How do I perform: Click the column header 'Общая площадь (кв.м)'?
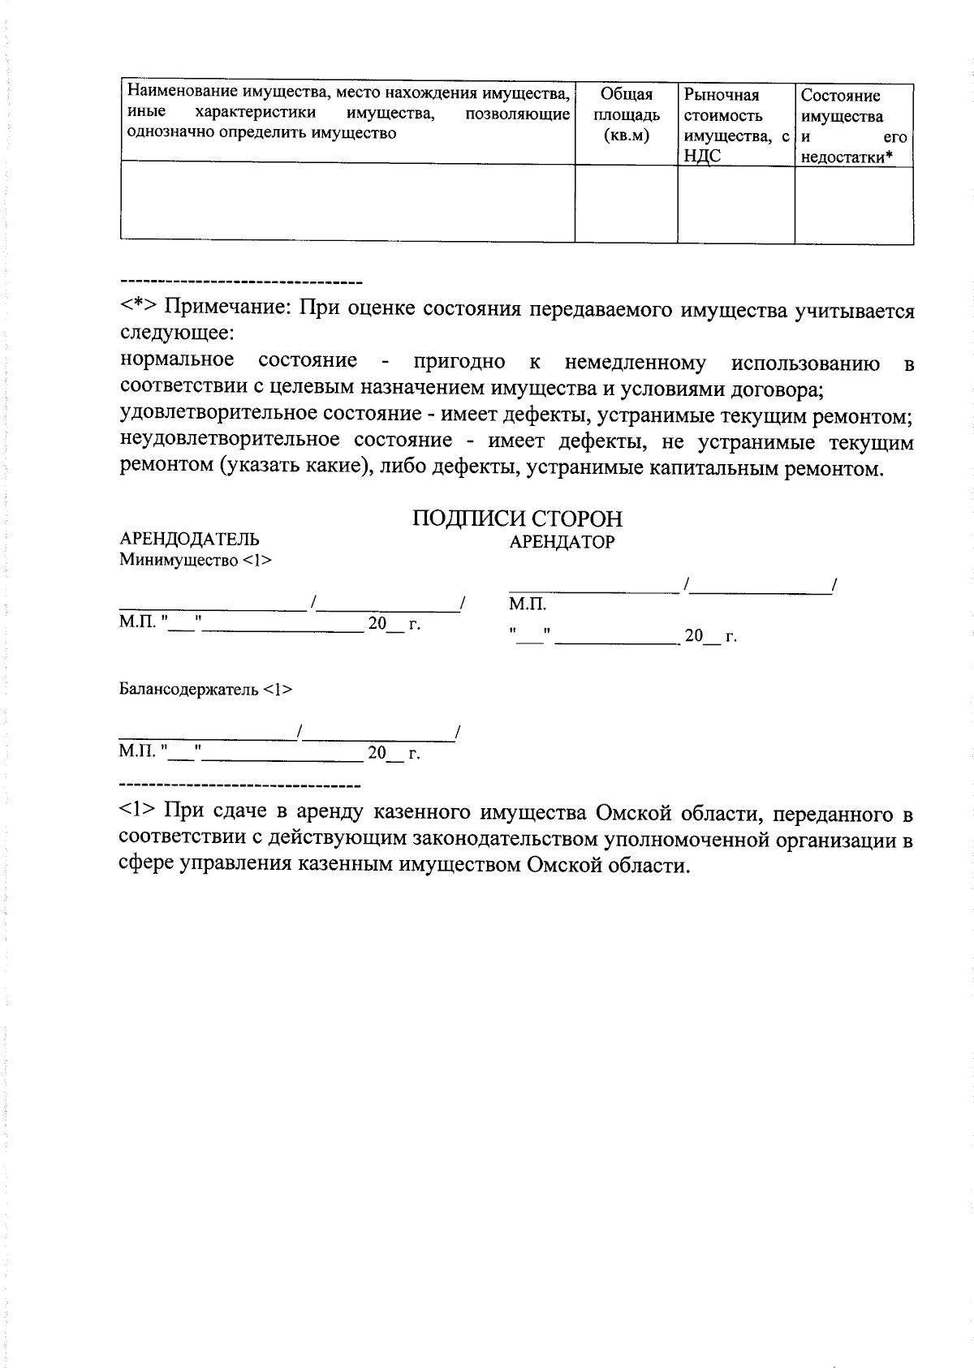[627, 115]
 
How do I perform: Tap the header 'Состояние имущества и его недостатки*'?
[853, 126]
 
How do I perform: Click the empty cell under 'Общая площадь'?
[627, 202]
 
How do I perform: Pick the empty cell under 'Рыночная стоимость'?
[735, 202]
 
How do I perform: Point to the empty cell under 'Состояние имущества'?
[853, 202]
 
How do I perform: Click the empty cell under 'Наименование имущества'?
[347, 200]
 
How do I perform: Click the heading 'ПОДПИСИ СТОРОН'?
[518, 518]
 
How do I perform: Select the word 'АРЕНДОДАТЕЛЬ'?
[190, 540]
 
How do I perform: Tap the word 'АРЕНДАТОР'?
[562, 542]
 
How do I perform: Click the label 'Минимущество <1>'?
[196, 560]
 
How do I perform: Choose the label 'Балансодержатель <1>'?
[206, 690]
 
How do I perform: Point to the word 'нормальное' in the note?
[177, 359]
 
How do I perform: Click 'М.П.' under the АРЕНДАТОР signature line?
[528, 604]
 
